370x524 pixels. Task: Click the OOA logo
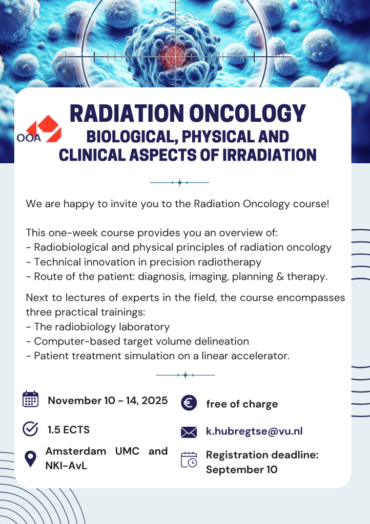click(39, 129)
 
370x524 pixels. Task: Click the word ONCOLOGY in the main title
click(248, 113)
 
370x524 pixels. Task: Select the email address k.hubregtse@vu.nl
click(254, 431)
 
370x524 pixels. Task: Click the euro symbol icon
click(189, 403)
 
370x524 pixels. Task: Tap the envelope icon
click(189, 432)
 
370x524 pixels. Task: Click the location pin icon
click(30, 458)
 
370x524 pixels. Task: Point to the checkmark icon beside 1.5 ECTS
click(30, 429)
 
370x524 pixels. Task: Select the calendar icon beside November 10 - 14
click(30, 399)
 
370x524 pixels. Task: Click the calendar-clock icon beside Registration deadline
click(189, 460)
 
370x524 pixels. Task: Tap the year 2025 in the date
click(155, 400)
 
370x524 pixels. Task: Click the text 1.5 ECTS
click(69, 429)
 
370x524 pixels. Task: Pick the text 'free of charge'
click(242, 404)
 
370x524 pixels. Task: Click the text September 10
click(241, 470)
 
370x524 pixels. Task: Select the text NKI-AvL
click(66, 466)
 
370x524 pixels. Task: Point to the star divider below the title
click(180, 183)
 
